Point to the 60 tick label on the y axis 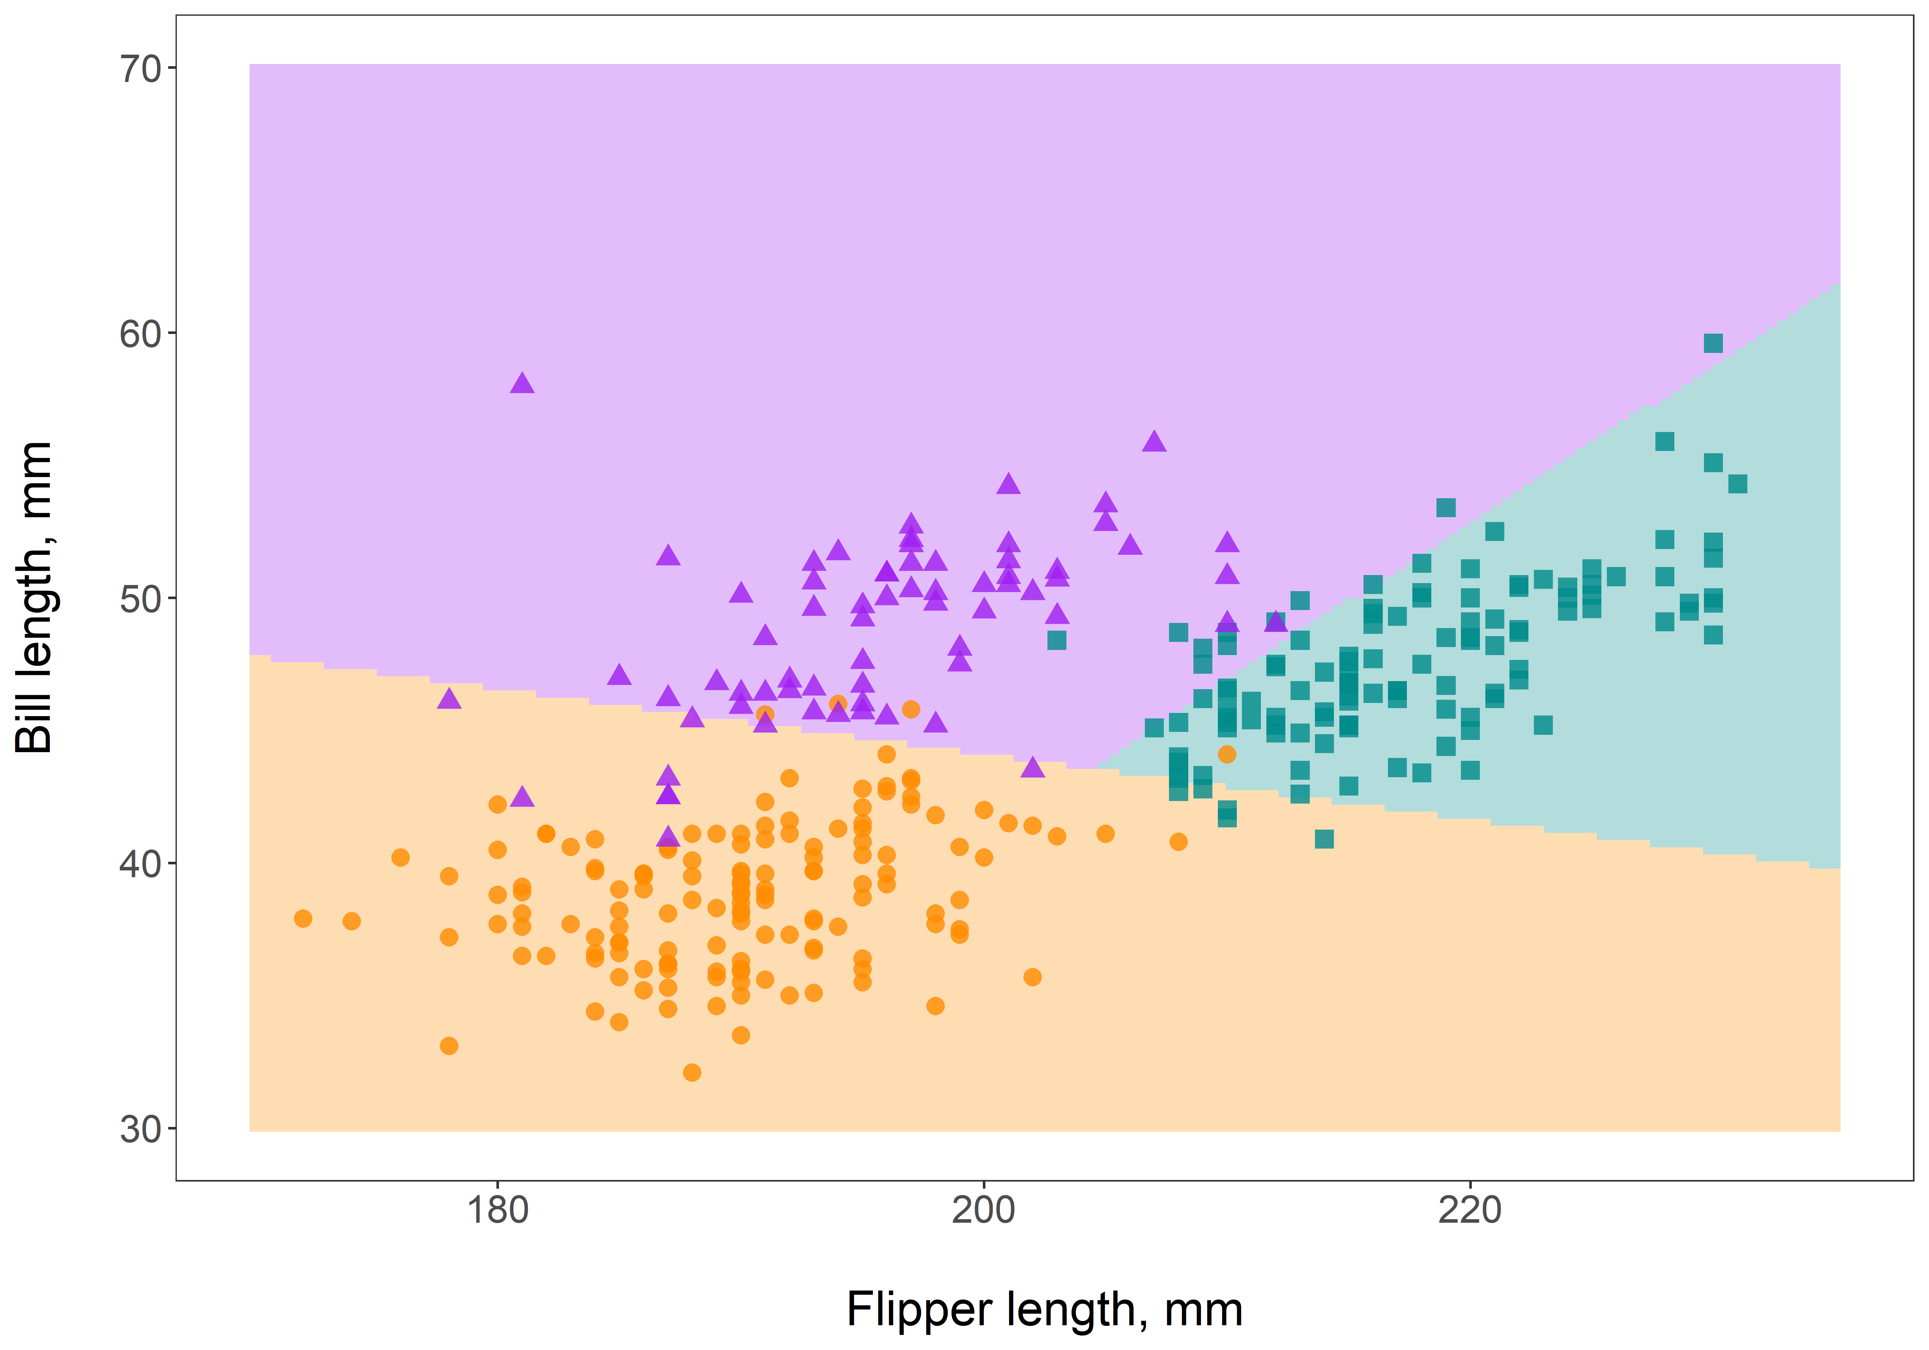click(140, 334)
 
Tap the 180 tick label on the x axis click(497, 1210)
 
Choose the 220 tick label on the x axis click(1470, 1210)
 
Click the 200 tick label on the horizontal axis click(983, 1210)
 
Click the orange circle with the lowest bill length click(692, 1072)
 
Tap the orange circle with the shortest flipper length click(303, 918)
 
